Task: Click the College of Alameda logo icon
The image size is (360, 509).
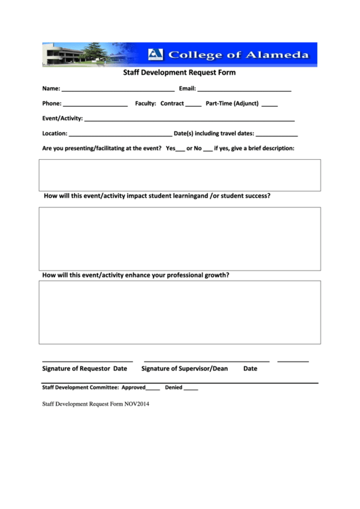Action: [x=156, y=54]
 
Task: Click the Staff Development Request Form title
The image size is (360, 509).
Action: [x=179, y=73]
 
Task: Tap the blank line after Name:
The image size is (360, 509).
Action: [x=118, y=90]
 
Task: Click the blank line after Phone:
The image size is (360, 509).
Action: [x=95, y=105]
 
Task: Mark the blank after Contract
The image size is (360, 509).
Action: [x=193, y=105]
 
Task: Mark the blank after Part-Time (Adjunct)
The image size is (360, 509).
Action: [x=269, y=105]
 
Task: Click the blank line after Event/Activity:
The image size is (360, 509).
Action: [x=189, y=120]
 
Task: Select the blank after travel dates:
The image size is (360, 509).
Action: [x=276, y=135]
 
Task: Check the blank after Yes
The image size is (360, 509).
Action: [x=181, y=150]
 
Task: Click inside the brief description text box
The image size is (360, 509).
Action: [x=179, y=175]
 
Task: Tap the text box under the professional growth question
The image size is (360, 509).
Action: [x=179, y=312]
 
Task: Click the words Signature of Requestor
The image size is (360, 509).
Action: [x=76, y=369]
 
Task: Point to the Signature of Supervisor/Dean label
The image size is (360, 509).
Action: [x=184, y=369]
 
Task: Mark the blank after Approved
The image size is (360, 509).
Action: [x=153, y=389]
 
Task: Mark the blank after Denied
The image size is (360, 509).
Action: [x=191, y=389]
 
